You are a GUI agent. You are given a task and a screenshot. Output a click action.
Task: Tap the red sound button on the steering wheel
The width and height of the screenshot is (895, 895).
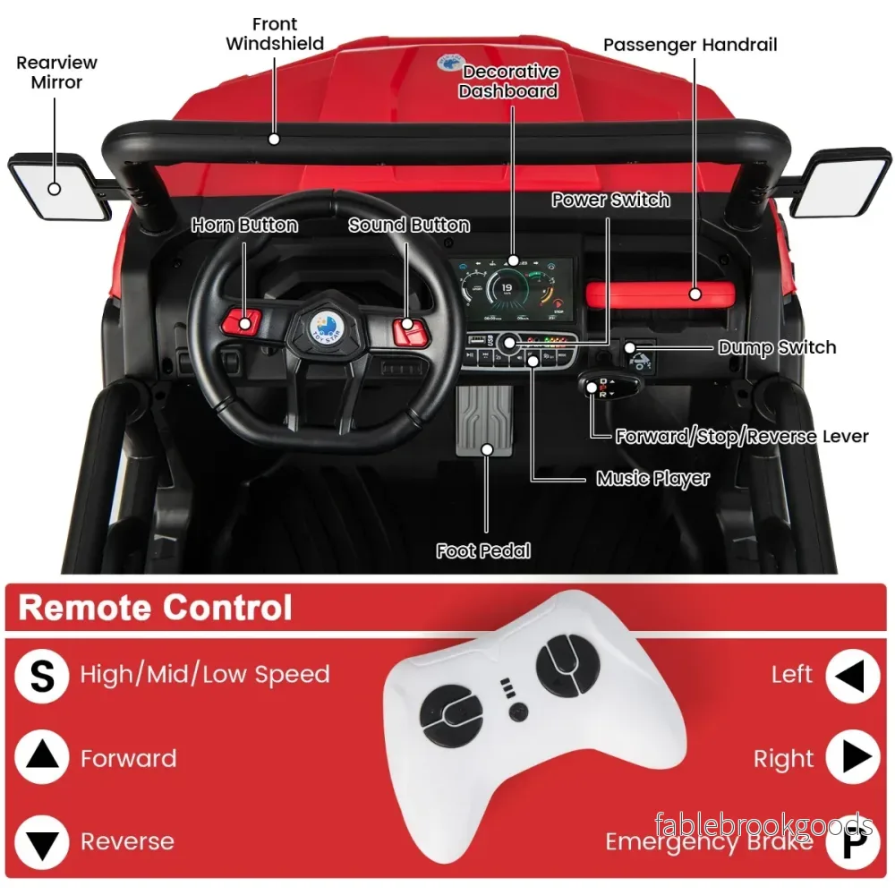point(410,332)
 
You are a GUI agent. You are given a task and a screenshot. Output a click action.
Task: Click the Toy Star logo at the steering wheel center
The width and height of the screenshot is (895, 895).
point(326,329)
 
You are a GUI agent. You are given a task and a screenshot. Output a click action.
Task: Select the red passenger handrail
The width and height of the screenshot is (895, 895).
point(661,294)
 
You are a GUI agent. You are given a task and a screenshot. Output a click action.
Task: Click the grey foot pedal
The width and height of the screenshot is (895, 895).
point(484,421)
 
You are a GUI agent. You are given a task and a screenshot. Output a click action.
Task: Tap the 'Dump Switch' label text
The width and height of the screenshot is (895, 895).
point(777,347)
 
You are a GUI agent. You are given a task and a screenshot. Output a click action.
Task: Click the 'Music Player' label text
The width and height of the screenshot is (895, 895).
point(652,478)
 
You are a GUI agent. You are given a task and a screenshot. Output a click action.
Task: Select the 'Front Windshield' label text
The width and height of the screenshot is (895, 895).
point(275,34)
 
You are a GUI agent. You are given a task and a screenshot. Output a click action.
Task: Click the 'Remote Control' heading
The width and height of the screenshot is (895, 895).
point(155,608)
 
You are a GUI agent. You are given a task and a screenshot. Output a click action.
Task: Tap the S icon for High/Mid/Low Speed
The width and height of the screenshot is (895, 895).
point(42,676)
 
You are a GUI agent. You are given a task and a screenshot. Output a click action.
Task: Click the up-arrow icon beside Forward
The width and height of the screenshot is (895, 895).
point(42,757)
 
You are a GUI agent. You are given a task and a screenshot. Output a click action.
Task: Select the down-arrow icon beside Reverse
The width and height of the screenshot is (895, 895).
point(42,842)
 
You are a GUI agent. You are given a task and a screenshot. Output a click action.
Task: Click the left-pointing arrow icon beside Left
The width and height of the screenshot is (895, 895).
point(853,676)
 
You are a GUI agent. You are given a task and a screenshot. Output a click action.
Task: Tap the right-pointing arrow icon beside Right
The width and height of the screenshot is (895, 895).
point(853,757)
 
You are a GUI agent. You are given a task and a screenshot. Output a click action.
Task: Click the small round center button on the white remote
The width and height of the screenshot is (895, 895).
point(518,712)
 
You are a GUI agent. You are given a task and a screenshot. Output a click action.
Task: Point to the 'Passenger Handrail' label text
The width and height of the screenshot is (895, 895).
point(690,45)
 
